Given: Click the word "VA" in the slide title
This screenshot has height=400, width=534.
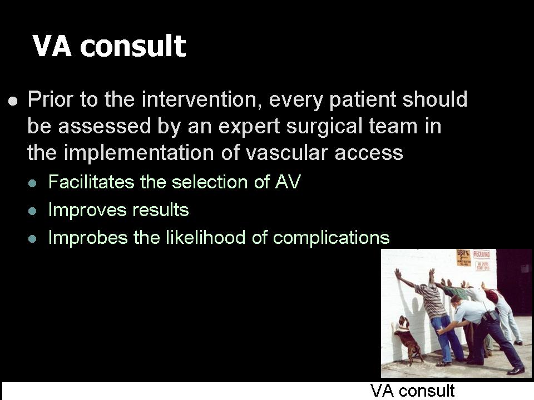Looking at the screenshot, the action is [52, 46].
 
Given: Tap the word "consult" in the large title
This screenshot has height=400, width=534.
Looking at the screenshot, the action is [133, 46].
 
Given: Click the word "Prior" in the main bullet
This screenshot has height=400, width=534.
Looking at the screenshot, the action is [51, 99].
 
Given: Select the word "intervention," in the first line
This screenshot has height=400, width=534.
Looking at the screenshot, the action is [201, 99].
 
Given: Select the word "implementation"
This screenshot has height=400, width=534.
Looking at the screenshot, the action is [139, 153].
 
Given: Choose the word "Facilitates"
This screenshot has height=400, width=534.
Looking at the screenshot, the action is [91, 182].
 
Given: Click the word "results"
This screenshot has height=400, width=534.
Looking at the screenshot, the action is [160, 209].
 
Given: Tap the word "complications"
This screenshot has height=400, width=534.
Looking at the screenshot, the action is [332, 237].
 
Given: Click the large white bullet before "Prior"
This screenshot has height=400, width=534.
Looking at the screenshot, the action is [13, 101].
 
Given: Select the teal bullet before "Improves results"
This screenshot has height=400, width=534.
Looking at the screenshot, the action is [32, 211].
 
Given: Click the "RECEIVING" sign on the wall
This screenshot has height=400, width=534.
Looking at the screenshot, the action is [482, 254].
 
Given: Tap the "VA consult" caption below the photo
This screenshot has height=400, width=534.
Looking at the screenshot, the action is [412, 391].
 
